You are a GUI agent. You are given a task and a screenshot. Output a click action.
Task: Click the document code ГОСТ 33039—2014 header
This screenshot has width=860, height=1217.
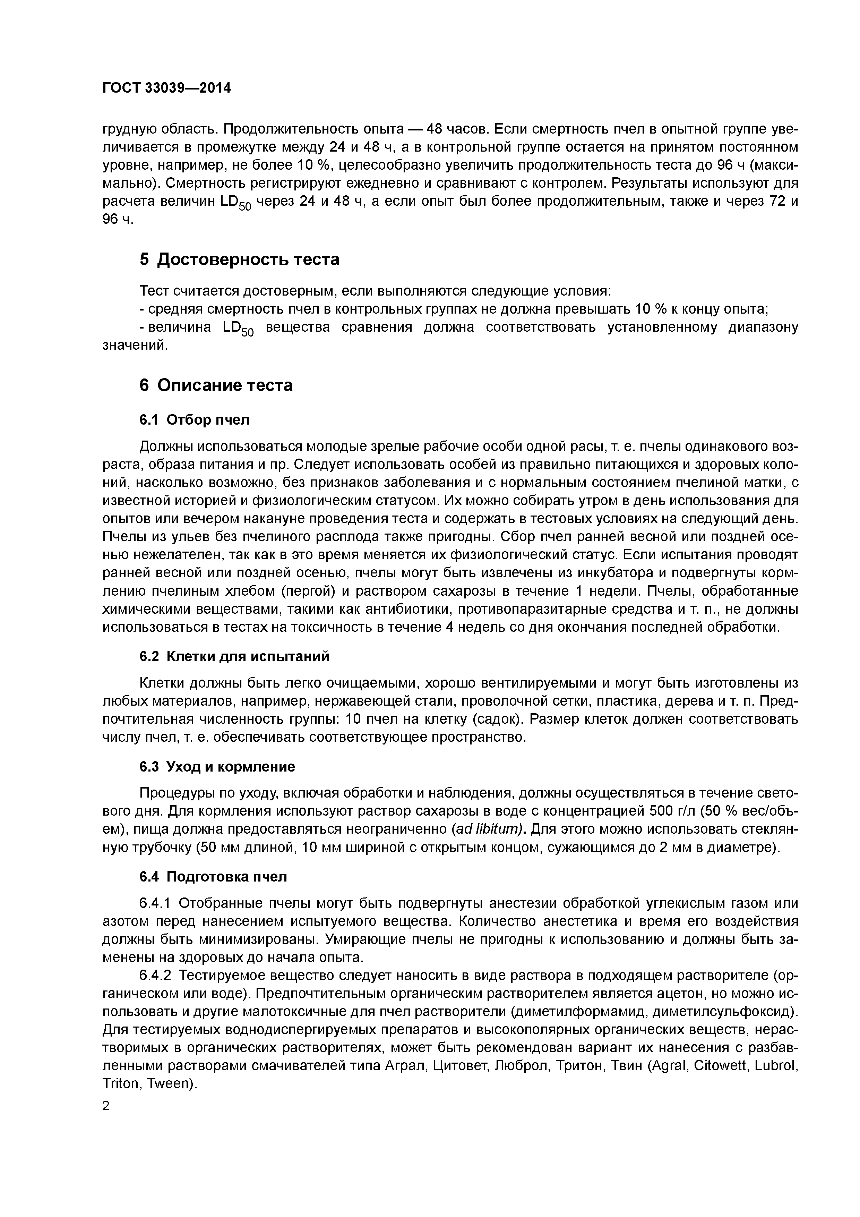[166, 88]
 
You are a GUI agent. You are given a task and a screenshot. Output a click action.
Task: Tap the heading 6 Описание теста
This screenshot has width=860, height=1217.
[216, 385]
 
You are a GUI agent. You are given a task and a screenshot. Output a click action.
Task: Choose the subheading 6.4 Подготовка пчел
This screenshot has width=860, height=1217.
[213, 877]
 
